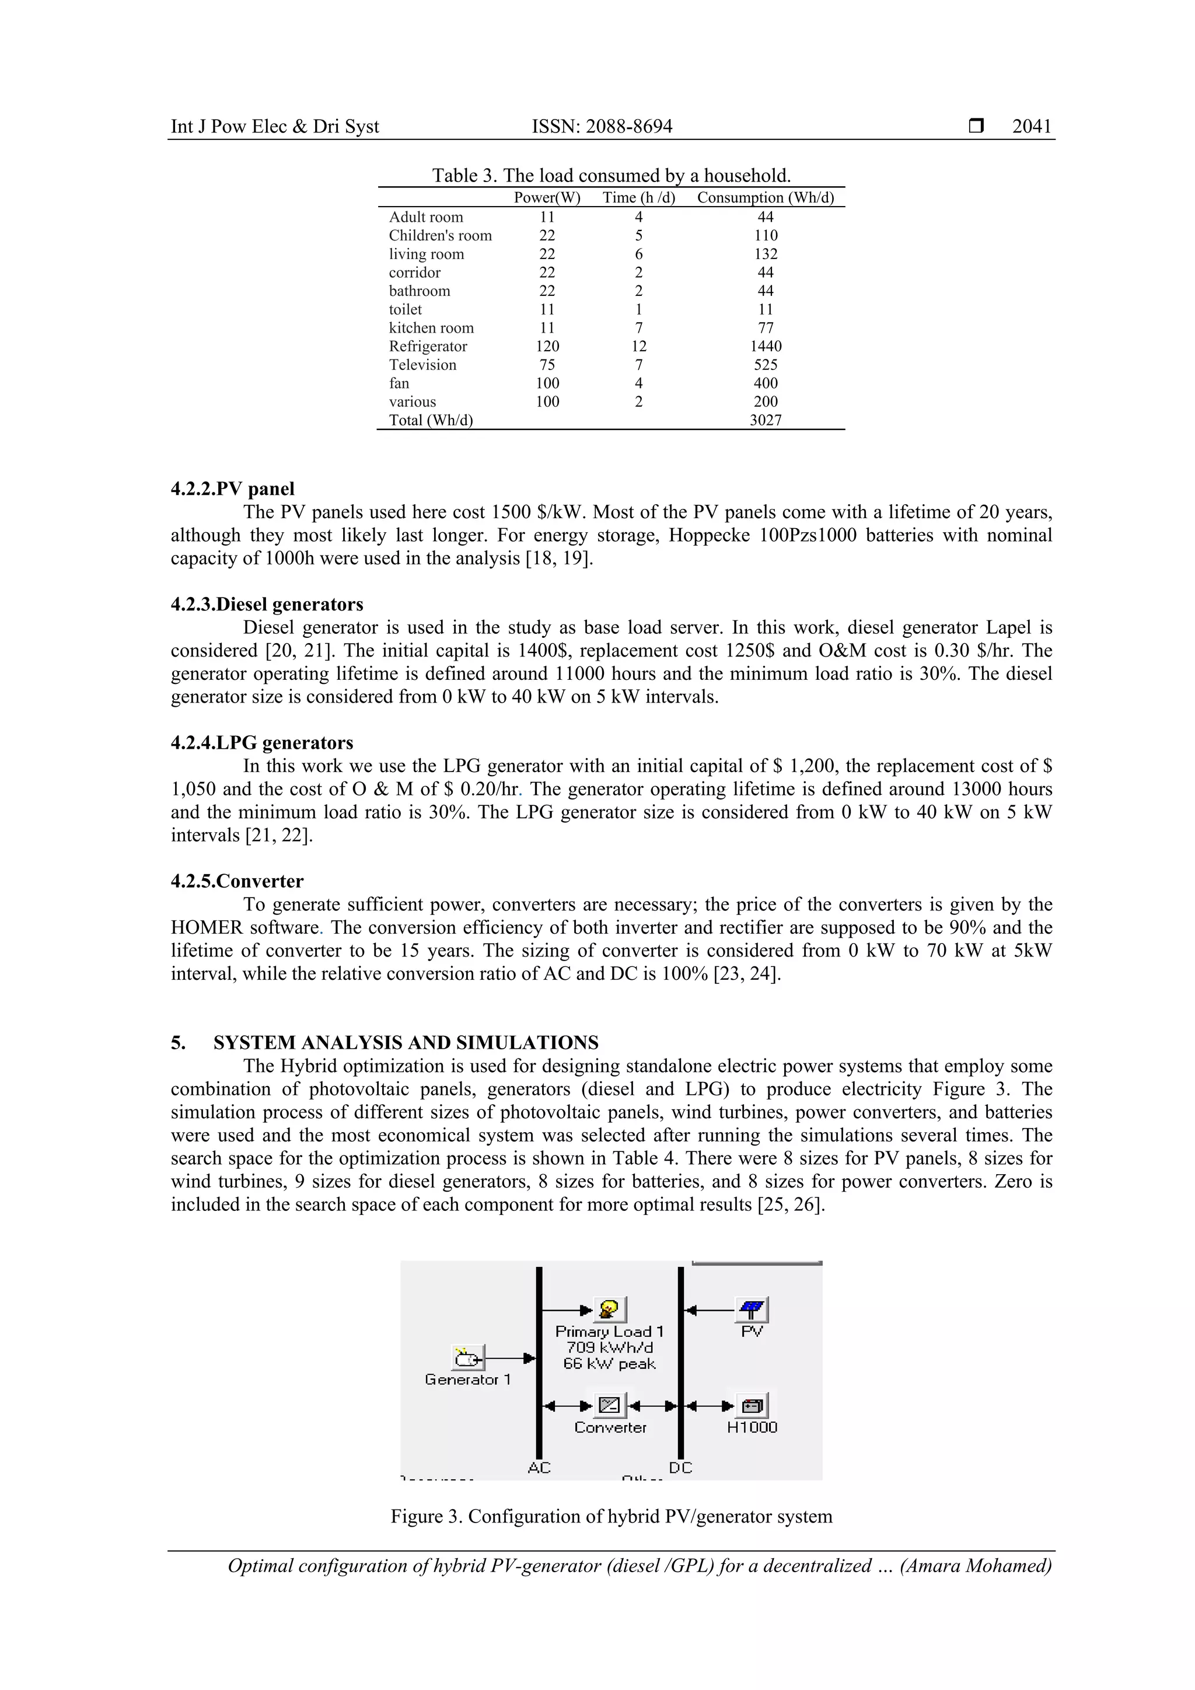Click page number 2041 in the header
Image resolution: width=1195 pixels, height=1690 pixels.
[x=1031, y=127]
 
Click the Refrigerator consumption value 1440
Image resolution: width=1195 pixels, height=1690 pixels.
[x=766, y=346]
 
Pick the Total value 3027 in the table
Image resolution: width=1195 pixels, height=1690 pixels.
[x=766, y=420]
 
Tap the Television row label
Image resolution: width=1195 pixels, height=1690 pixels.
[x=422, y=365]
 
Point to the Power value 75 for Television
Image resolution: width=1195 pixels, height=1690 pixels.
[x=547, y=365]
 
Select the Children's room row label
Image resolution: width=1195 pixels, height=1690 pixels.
[x=440, y=236]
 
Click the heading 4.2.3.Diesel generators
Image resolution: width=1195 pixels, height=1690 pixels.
[x=267, y=605]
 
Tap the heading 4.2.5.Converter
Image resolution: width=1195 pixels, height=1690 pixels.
[x=237, y=881]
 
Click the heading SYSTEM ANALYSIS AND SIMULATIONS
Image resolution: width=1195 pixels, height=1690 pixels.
[x=406, y=1042]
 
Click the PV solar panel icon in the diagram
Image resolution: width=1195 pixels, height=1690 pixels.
[x=752, y=1310]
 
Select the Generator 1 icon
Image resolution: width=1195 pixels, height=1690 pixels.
[x=467, y=1357]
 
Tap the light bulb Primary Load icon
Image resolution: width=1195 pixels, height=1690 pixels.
[x=609, y=1310]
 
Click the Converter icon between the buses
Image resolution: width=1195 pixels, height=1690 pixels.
[x=609, y=1405]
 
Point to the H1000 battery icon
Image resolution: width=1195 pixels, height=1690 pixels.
[x=752, y=1405]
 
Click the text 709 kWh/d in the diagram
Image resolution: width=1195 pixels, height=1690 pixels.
[x=609, y=1347]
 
